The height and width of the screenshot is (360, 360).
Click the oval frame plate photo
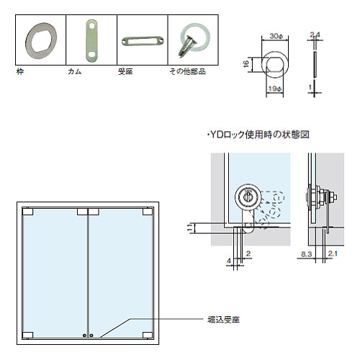[x=41, y=40]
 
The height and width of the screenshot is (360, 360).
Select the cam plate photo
[x=91, y=40]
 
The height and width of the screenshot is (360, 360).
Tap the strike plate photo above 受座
[x=143, y=41]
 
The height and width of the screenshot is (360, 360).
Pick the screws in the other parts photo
[x=187, y=46]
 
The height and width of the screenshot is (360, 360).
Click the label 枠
[x=20, y=71]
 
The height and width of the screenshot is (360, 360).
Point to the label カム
[x=75, y=71]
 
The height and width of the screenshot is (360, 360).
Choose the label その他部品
[x=187, y=71]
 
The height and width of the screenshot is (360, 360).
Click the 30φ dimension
[x=276, y=36]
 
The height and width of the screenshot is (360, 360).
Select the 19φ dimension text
[x=275, y=89]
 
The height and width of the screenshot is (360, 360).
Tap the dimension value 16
[x=246, y=64]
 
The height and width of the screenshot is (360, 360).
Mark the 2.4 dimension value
[x=315, y=35]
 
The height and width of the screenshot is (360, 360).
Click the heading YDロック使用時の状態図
[x=258, y=135]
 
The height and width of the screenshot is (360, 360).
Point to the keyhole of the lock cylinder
[x=248, y=197]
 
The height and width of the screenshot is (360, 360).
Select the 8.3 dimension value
[x=307, y=254]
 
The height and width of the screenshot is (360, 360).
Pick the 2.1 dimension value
[x=333, y=253]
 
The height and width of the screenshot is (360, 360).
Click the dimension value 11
[x=190, y=228]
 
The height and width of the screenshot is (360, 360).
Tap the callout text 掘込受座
[x=224, y=320]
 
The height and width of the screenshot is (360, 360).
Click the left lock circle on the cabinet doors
[x=84, y=336]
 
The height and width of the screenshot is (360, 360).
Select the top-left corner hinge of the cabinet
[x=28, y=212]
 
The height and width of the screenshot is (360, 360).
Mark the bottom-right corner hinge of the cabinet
[x=148, y=335]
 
